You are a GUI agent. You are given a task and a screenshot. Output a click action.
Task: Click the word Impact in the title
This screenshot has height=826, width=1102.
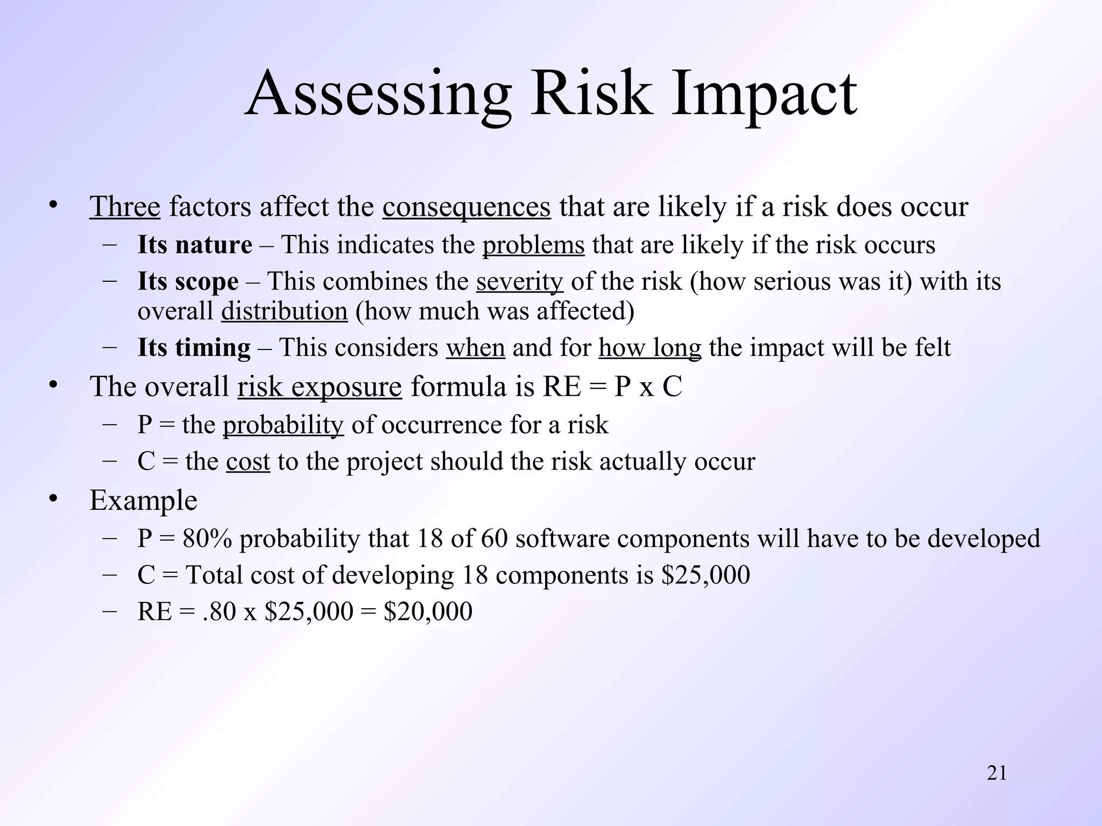click(764, 94)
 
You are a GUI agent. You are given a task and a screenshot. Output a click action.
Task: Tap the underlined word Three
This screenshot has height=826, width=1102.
click(125, 206)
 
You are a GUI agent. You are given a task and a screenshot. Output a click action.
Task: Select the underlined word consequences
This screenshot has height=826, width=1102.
click(467, 206)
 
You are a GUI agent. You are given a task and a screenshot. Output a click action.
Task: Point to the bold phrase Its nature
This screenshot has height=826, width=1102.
click(195, 245)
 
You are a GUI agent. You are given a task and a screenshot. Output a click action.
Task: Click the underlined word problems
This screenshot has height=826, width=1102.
click(533, 245)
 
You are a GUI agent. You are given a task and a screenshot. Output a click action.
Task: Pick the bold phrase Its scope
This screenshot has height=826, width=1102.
click(188, 281)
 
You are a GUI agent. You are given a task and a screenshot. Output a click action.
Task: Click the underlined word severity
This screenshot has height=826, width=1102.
click(519, 281)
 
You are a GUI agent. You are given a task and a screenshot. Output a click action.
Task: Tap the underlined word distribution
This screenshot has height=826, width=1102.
click(284, 311)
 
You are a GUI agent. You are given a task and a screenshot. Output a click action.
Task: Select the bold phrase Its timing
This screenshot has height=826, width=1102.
click(194, 347)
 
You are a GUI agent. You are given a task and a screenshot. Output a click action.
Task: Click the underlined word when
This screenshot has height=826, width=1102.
click(475, 347)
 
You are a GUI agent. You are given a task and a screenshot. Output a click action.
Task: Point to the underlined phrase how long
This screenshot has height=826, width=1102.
click(650, 347)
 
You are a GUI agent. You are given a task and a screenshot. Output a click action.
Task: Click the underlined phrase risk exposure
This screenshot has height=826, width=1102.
click(320, 386)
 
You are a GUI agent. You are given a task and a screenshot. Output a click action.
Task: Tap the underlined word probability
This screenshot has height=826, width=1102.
click(283, 425)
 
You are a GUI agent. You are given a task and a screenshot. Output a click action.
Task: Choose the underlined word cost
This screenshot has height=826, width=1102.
click(248, 461)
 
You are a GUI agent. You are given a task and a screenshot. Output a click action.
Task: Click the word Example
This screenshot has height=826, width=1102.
click(143, 500)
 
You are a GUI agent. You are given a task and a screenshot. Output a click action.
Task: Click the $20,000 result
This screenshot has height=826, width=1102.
click(428, 611)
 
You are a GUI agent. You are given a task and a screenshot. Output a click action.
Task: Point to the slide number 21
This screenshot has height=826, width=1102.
click(997, 773)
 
